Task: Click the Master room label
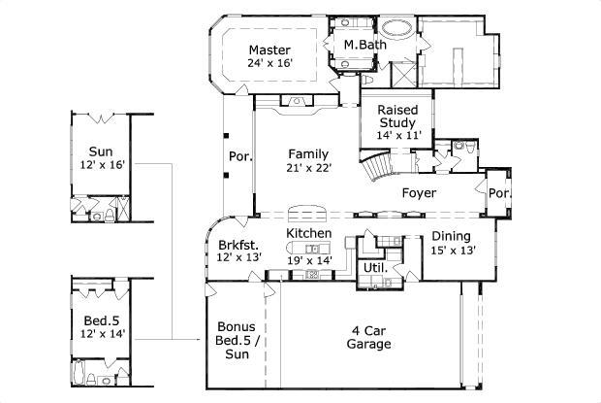pyautogui.click(x=270, y=50)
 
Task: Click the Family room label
pyautogui.click(x=308, y=153)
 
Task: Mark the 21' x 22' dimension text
pyautogui.click(x=308, y=168)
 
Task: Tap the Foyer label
pyautogui.click(x=419, y=193)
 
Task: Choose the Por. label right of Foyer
pyautogui.click(x=499, y=193)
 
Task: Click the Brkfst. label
pyautogui.click(x=237, y=245)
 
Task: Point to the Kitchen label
pyautogui.click(x=309, y=234)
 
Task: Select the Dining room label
pyautogui.click(x=451, y=236)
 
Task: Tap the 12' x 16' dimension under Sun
pyautogui.click(x=100, y=166)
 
